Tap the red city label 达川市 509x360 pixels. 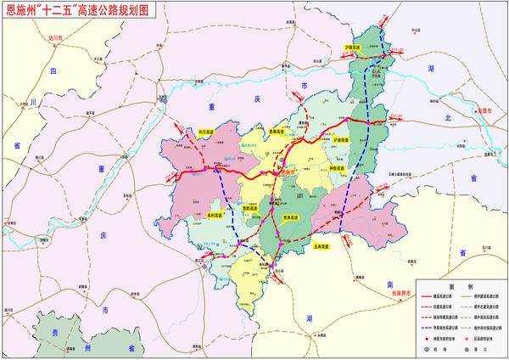point(56,39)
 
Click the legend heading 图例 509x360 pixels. point(459,287)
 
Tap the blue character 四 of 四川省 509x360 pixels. point(53,70)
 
